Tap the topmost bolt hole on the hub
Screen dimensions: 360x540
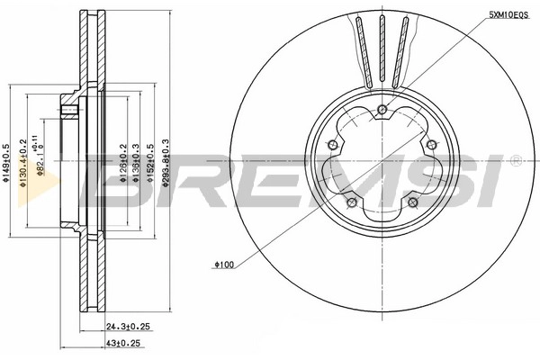tap(382, 110)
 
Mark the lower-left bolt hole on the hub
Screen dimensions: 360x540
tap(352, 201)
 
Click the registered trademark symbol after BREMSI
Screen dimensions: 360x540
tap(515, 159)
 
